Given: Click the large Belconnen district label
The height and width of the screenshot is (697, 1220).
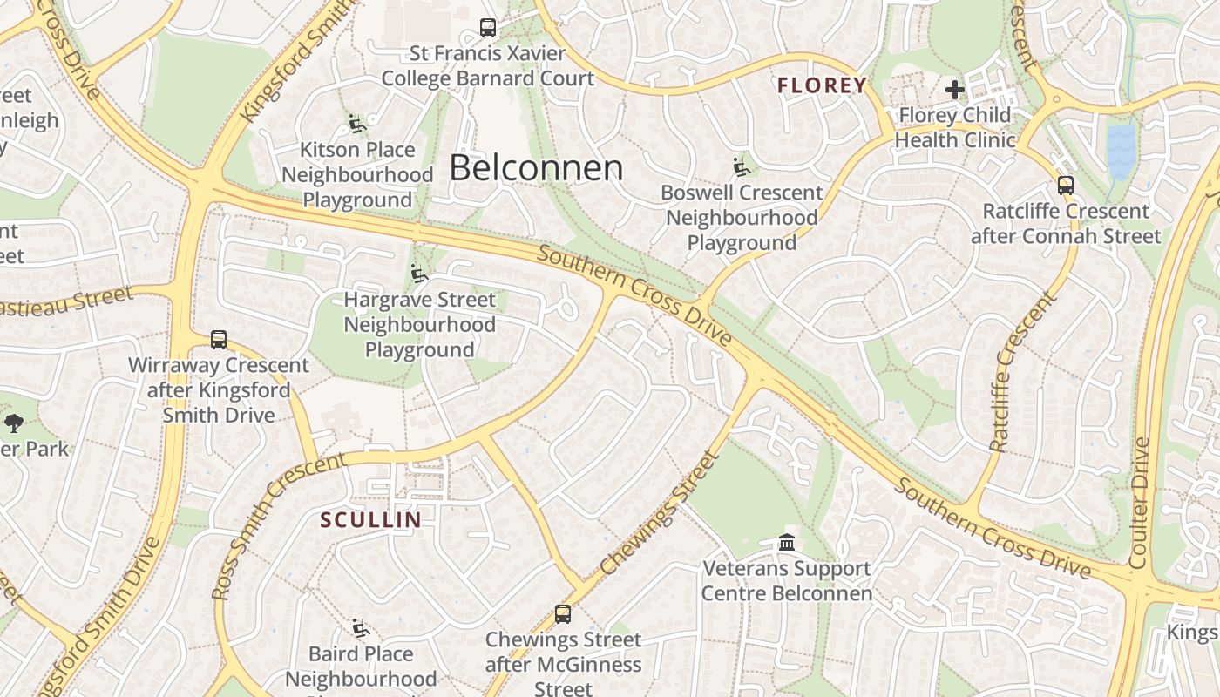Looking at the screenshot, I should click(536, 168).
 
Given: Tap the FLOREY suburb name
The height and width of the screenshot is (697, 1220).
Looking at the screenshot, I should click(822, 85).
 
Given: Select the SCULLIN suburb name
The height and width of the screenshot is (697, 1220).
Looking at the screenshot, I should click(370, 520).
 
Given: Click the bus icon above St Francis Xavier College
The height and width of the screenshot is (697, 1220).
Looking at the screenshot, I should click(488, 28).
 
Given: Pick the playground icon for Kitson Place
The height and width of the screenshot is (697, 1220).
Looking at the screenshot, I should click(356, 124).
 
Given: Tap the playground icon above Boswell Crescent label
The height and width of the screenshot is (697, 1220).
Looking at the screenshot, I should click(742, 166).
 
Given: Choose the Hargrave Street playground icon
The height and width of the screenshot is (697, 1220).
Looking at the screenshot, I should click(419, 274).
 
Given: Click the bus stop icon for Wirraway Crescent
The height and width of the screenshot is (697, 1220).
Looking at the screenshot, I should click(218, 340).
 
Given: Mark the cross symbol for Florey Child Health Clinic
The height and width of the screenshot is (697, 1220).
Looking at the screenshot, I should click(955, 89).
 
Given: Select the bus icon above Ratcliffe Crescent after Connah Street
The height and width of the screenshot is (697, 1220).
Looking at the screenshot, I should click(1065, 186).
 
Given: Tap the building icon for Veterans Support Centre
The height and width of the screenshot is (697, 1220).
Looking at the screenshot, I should click(787, 543).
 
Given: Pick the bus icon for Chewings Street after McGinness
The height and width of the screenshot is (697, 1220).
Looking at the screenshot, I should click(563, 613).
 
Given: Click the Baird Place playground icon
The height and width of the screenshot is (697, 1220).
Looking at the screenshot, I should click(361, 628).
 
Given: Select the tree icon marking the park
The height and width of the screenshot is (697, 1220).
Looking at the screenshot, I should click(13, 423).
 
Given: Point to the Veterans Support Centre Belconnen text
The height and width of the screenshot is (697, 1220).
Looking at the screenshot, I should click(787, 581).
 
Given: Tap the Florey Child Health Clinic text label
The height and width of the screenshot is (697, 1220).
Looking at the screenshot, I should click(955, 127).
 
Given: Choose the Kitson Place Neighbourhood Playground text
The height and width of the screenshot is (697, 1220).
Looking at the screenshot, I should click(357, 174).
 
